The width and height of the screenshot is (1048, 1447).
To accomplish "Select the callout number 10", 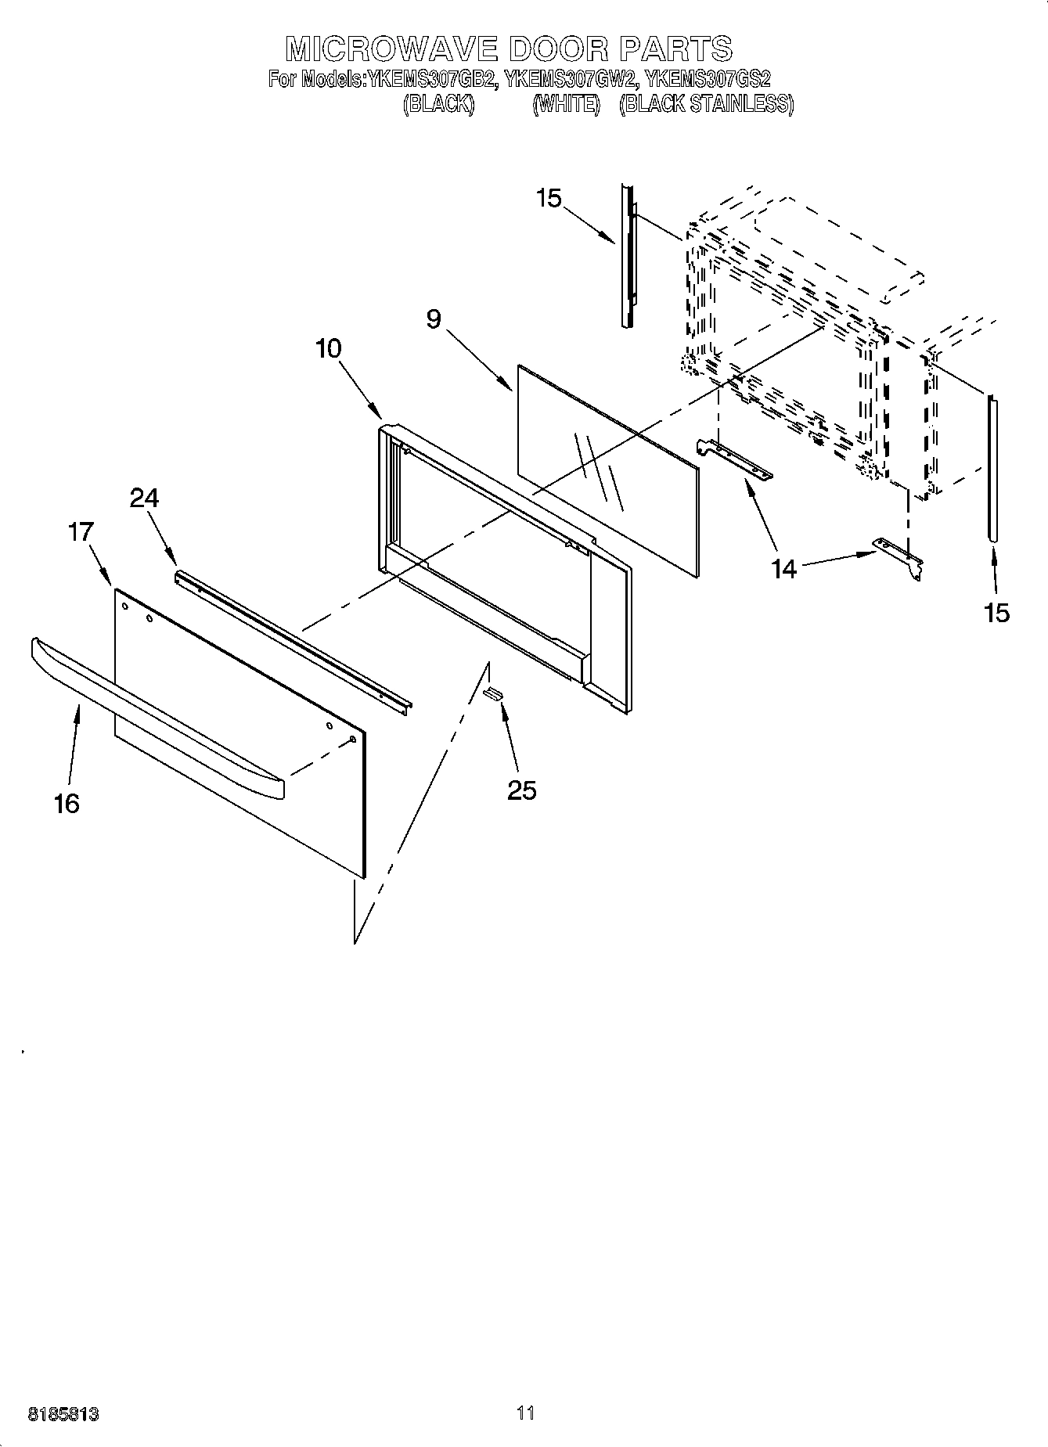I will tap(329, 348).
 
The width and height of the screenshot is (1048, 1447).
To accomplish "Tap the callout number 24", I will tap(144, 497).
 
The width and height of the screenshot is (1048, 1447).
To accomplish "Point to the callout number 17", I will tap(81, 532).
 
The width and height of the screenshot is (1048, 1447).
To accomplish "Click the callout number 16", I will tap(67, 803).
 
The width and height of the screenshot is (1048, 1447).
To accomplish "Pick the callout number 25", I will tap(522, 790).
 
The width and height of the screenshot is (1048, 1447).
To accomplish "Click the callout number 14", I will tap(783, 569).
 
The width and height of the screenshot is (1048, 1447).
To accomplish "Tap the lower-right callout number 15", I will tap(997, 612).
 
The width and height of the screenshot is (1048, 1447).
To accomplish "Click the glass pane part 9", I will tap(607, 470).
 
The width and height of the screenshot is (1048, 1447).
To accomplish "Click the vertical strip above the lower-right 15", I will tap(993, 470).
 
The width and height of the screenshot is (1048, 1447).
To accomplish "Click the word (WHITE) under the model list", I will tap(566, 104).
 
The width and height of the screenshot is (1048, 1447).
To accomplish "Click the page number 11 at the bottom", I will tap(525, 1413).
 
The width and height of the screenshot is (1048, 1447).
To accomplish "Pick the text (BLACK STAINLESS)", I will tap(706, 104).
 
